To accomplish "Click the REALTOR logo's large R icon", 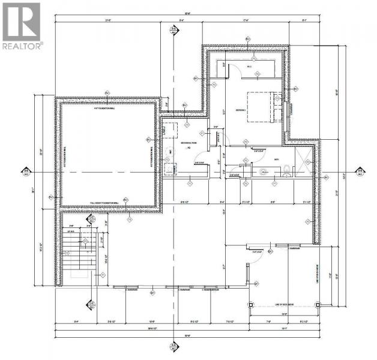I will [x=20, y=22].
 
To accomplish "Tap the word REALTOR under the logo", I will [x=22, y=46].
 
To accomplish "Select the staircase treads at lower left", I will [x=75, y=252].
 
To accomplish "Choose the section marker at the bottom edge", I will [x=173, y=346].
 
